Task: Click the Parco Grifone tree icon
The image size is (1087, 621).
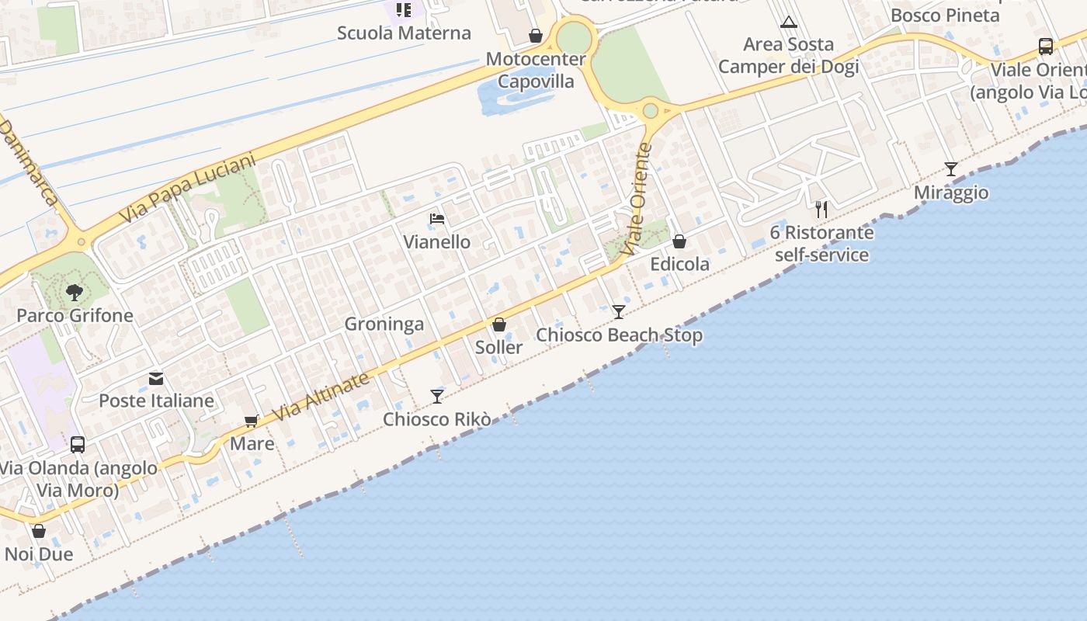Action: click(x=75, y=293)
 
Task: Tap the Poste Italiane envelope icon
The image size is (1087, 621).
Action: click(x=156, y=379)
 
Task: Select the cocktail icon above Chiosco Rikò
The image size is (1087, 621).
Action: click(x=437, y=397)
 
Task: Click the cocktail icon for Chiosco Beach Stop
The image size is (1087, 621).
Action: click(x=619, y=312)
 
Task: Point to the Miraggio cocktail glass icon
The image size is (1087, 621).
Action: click(x=951, y=169)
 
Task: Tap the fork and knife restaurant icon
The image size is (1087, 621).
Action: click(x=821, y=209)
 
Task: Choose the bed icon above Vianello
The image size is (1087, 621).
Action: click(x=437, y=219)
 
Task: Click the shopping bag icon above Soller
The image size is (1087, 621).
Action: click(x=499, y=324)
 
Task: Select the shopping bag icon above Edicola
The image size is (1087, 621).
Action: click(x=679, y=241)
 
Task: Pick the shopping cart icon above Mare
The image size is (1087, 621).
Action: click(x=252, y=421)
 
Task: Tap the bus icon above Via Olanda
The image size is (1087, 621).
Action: click(x=78, y=445)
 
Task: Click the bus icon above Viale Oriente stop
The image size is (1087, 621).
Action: click(x=1046, y=47)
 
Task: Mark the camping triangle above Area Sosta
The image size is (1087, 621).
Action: click(x=789, y=22)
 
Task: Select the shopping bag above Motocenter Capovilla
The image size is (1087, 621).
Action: click(x=536, y=36)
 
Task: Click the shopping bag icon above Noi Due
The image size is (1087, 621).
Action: click(x=39, y=531)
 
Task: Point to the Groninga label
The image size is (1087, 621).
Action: click(x=384, y=324)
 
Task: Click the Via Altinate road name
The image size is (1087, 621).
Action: click(x=321, y=397)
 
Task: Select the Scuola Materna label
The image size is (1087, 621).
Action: click(x=404, y=33)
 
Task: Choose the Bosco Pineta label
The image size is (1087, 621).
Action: click(x=945, y=15)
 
